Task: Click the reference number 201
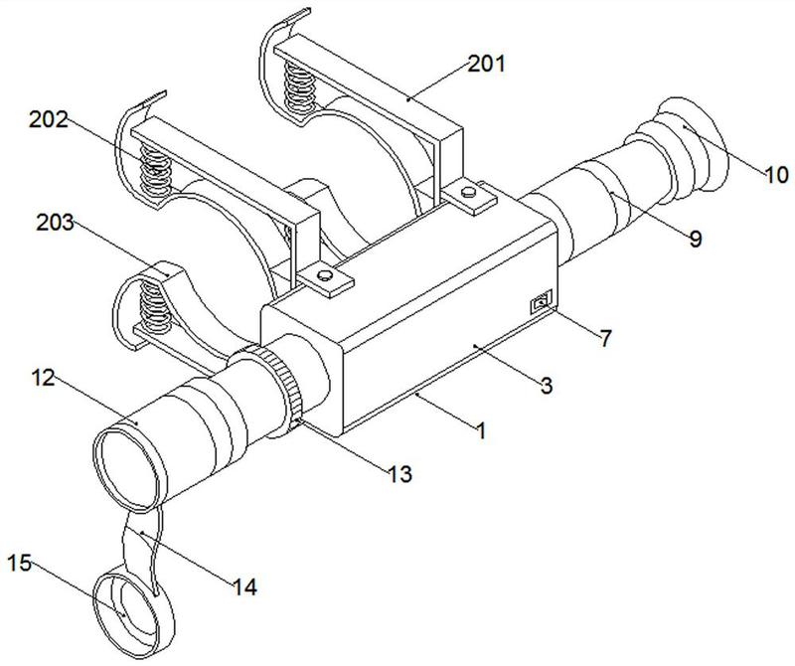pos(486,64)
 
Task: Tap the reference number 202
pos(48,119)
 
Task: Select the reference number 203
pos(55,223)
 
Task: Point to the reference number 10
pos(776,175)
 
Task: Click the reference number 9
pos(695,238)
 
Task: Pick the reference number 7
pos(605,338)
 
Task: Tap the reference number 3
pos(546,386)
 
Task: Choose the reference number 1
pos(480,430)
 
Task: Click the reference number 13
pos(400,474)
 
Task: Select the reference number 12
pos(43,378)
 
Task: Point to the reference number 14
pos(244,586)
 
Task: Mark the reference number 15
pos(20,563)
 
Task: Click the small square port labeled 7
pos(541,304)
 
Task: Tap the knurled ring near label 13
pos(282,383)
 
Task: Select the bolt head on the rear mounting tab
pos(469,192)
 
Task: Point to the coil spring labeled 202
pos(155,170)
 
